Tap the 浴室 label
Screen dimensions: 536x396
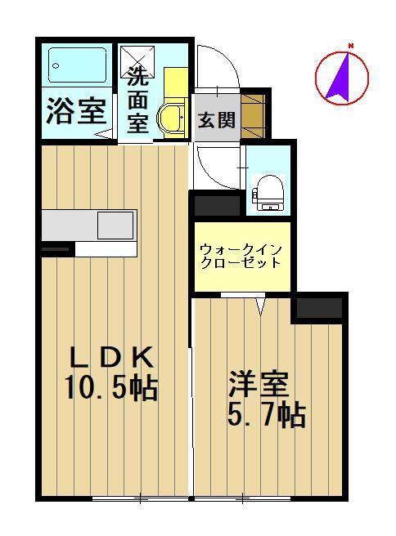click(74, 113)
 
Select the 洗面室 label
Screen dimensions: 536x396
click(137, 100)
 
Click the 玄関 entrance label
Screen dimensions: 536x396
click(216, 119)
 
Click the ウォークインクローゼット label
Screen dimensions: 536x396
click(241, 256)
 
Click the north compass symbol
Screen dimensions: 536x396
click(343, 78)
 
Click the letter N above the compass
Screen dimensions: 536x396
click(350, 45)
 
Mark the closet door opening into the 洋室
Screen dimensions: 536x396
click(260, 304)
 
